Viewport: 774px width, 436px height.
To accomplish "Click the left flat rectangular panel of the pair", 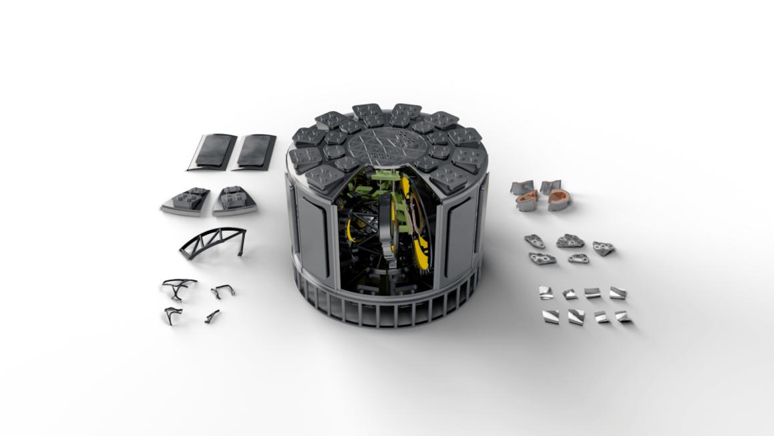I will click(211, 152).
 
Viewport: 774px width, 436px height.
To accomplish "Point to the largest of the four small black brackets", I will click(180, 288).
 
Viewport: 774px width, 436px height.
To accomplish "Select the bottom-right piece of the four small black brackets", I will click(213, 316).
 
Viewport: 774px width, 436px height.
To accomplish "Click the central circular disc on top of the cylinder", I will click(387, 144).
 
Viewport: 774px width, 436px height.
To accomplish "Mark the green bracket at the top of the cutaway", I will click(384, 179).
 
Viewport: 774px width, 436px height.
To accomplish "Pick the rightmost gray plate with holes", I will click(604, 248).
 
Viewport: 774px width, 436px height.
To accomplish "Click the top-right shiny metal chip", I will click(618, 293).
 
